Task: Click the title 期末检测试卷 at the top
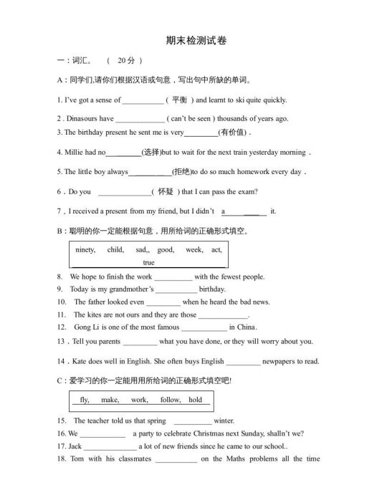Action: click(188, 42)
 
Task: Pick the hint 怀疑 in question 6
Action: click(165, 192)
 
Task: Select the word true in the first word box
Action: click(148, 262)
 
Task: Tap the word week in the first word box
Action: click(194, 250)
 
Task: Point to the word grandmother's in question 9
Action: click(130, 289)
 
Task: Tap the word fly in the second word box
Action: click(85, 400)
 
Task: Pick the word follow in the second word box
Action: click(171, 400)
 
